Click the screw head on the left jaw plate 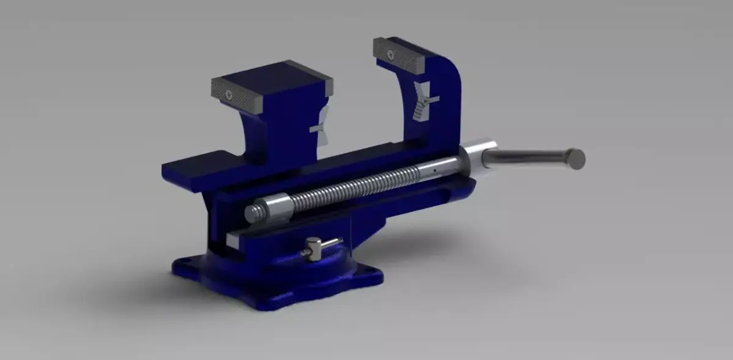tap(228, 94)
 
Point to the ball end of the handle tap(575, 159)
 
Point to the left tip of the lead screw tap(250, 213)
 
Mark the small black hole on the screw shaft tap(434, 171)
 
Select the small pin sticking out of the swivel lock tap(330, 243)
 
